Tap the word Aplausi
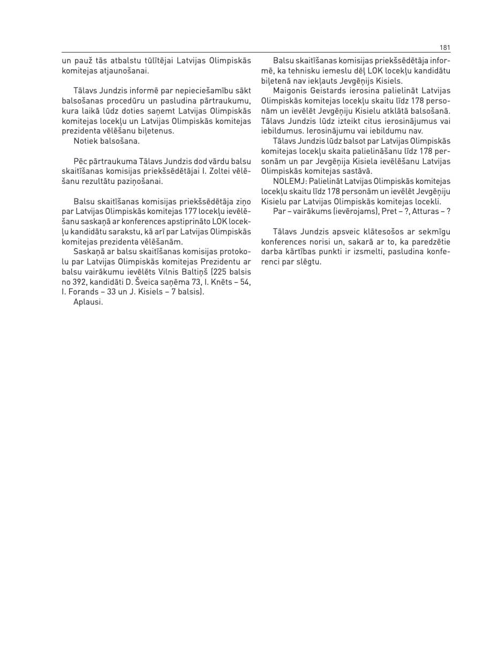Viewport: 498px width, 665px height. click(x=88, y=301)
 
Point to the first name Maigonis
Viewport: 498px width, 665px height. click(x=289, y=91)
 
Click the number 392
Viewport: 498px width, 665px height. click(x=80, y=282)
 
